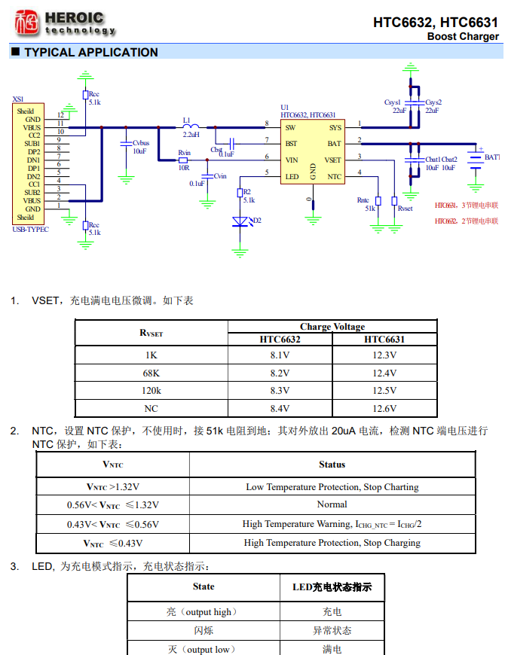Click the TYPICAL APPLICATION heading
(90, 53)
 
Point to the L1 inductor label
(187, 120)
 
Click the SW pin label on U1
(290, 127)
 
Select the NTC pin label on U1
(335, 176)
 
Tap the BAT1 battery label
(491, 157)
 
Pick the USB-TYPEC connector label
(31, 230)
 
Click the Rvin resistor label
(184, 153)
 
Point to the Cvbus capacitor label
(141, 143)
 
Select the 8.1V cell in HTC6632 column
(280, 355)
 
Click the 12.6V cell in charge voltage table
(384, 409)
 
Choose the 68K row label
(151, 373)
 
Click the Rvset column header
(151, 333)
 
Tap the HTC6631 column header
(384, 340)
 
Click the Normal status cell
(332, 504)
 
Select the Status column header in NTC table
(332, 465)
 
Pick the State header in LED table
(204, 586)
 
